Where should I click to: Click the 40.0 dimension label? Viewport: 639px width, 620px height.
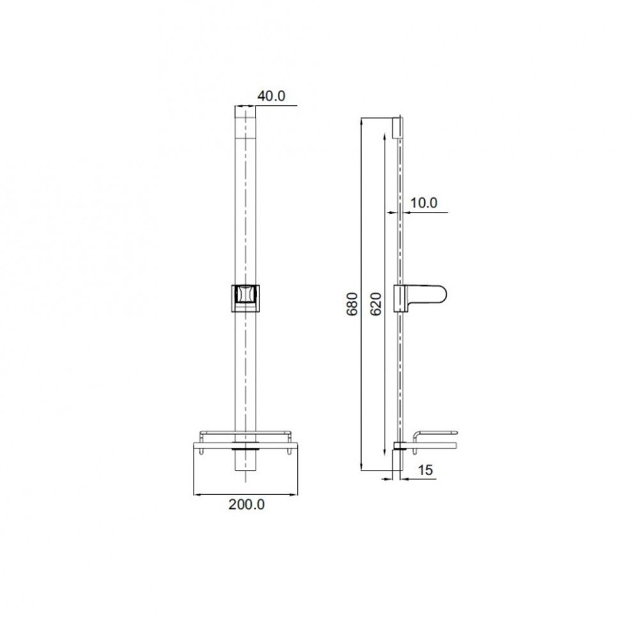271,96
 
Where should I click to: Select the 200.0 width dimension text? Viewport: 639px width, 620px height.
247,504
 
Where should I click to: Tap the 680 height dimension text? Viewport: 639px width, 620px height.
352,304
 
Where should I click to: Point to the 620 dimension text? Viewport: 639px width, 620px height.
376,304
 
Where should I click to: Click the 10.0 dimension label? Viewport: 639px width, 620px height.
424,203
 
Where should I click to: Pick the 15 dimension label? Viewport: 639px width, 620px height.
425,470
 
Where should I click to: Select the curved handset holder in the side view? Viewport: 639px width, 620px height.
420,298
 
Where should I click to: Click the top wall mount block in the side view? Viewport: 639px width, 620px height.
397,128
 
